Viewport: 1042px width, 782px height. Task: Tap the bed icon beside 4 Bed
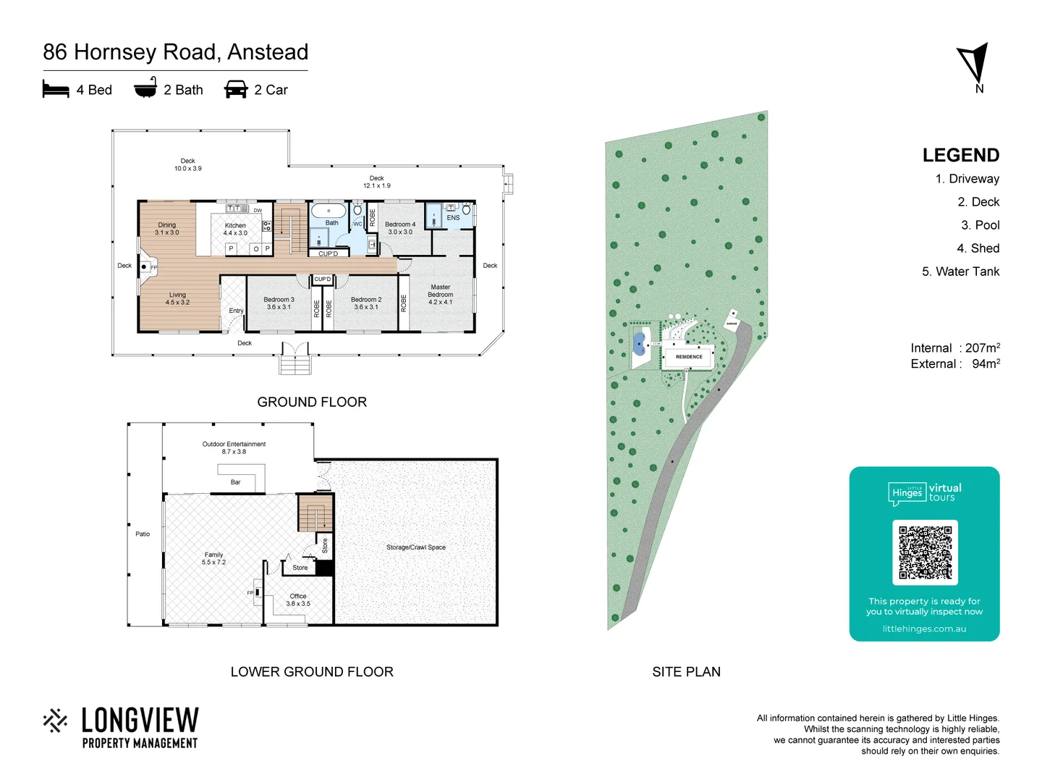[x=56, y=90]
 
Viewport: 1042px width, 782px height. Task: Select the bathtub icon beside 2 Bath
[x=145, y=88]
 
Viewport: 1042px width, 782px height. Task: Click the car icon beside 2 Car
[x=236, y=90]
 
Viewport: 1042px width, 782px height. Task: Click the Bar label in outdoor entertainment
[x=235, y=482]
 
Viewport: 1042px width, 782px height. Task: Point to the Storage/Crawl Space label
[x=416, y=547]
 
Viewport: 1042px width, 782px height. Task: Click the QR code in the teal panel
[x=925, y=552]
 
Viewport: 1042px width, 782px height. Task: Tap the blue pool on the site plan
[x=639, y=342]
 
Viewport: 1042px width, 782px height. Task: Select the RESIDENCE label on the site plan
[x=689, y=357]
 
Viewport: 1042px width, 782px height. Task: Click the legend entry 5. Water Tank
[x=960, y=272]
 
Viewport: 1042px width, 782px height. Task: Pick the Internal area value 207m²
[x=982, y=348]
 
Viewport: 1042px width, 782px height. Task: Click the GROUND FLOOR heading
[x=312, y=402]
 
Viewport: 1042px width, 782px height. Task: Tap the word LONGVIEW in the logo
[x=140, y=721]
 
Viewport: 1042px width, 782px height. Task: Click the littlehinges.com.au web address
[x=924, y=628]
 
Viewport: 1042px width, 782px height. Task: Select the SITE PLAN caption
[x=686, y=672]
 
